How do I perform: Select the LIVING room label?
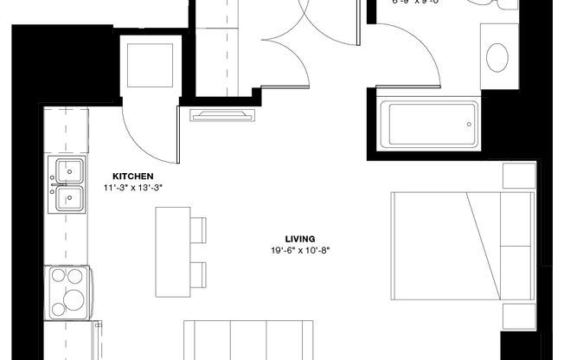click(300, 239)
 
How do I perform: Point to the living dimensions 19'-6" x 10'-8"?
click(300, 250)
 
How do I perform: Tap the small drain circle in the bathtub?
click(469, 124)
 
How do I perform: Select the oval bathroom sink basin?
click(497, 57)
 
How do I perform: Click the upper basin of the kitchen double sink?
click(70, 169)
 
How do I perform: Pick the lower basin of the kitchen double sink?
click(70, 199)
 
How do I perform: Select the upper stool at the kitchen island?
click(198, 229)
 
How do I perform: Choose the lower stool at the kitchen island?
click(198, 274)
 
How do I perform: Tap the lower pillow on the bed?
click(516, 272)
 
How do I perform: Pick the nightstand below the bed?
click(518, 317)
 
